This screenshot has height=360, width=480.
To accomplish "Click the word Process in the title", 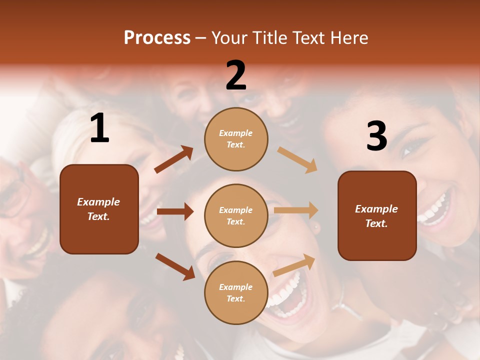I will pos(157,38).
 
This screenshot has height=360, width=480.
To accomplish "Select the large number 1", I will pos(99,128).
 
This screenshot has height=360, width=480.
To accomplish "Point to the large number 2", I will pos(236,75).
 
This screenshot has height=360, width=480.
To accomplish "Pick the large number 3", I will pos(376,136).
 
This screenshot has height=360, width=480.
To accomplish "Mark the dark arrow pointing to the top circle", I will pos(173,159).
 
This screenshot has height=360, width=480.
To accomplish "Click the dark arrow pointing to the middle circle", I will pos(175,211).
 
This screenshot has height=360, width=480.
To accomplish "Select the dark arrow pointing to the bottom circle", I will pos(175,266).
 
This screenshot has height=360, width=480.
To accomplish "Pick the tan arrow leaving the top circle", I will pos(297,159).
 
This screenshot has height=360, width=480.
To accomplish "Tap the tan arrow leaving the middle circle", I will pos(296,210).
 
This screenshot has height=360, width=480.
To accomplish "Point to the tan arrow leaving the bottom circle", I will pos(294,264).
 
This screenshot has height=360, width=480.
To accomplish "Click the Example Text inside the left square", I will pos(99,209).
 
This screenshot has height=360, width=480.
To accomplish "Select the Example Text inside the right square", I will pos(376,216).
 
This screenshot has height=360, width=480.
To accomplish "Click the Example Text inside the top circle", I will pos(236,139).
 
